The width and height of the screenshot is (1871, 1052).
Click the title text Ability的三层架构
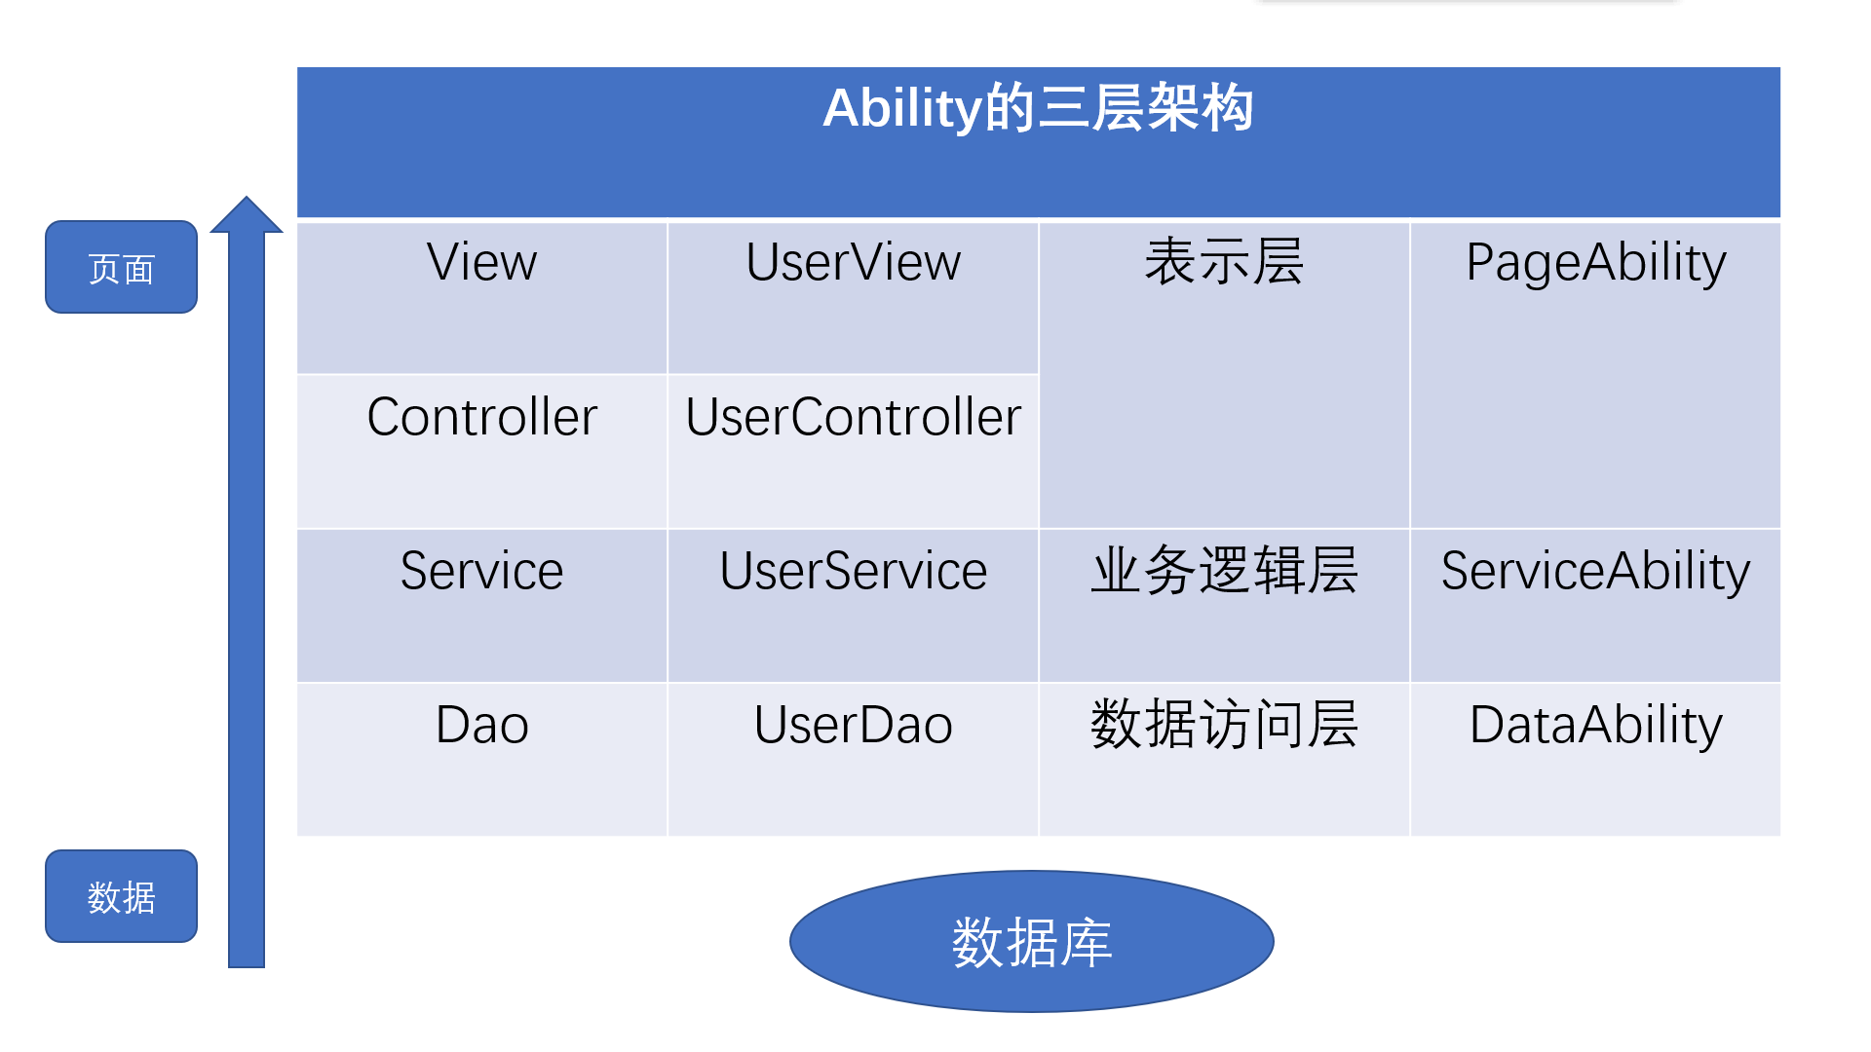pos(1038,108)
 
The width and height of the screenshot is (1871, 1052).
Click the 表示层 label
pos(1224,263)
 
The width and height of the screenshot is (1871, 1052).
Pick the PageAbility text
pos(1595,263)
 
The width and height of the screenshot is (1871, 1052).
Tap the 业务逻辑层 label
pos(1224,572)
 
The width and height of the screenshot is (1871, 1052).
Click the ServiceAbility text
pos(1595,572)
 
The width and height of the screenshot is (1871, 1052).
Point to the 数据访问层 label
pos(1224,726)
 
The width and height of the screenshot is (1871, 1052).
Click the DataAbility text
pos(1595,726)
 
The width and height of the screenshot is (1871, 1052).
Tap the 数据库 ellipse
pos(1031,942)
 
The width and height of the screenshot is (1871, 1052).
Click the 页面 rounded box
pos(122,267)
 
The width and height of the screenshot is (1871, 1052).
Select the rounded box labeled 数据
pos(122,896)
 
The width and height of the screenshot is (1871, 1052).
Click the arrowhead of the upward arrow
pos(247,216)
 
